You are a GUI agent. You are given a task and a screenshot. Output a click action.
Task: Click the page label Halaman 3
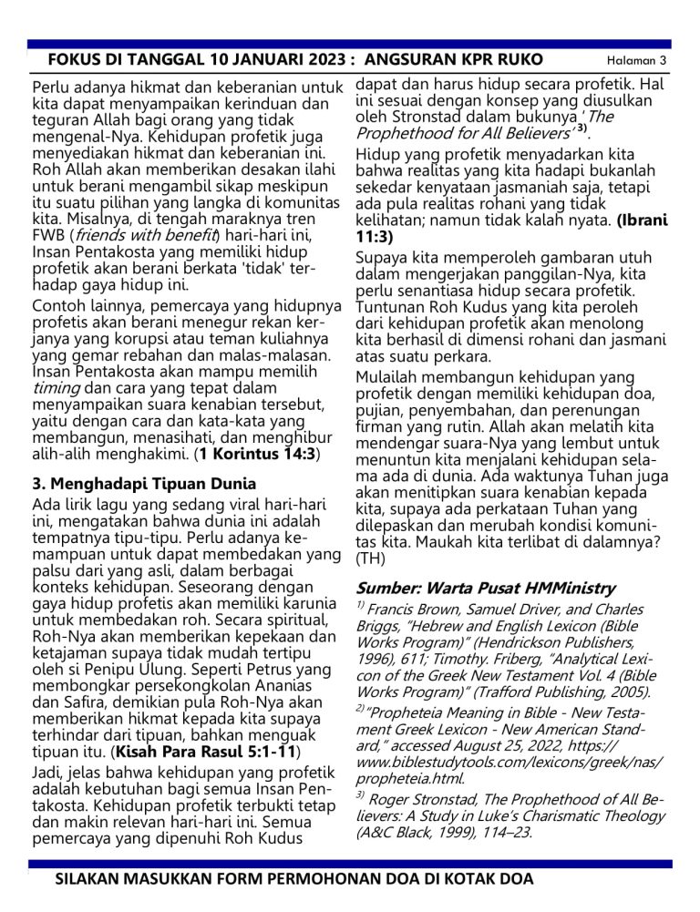click(637, 61)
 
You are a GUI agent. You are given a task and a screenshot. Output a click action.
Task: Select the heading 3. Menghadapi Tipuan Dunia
click(144, 483)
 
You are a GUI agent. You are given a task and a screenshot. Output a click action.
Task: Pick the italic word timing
click(56, 386)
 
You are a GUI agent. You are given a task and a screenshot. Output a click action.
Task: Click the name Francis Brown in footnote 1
click(411, 610)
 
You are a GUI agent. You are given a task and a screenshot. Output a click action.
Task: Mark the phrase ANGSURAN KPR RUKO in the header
click(453, 60)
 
